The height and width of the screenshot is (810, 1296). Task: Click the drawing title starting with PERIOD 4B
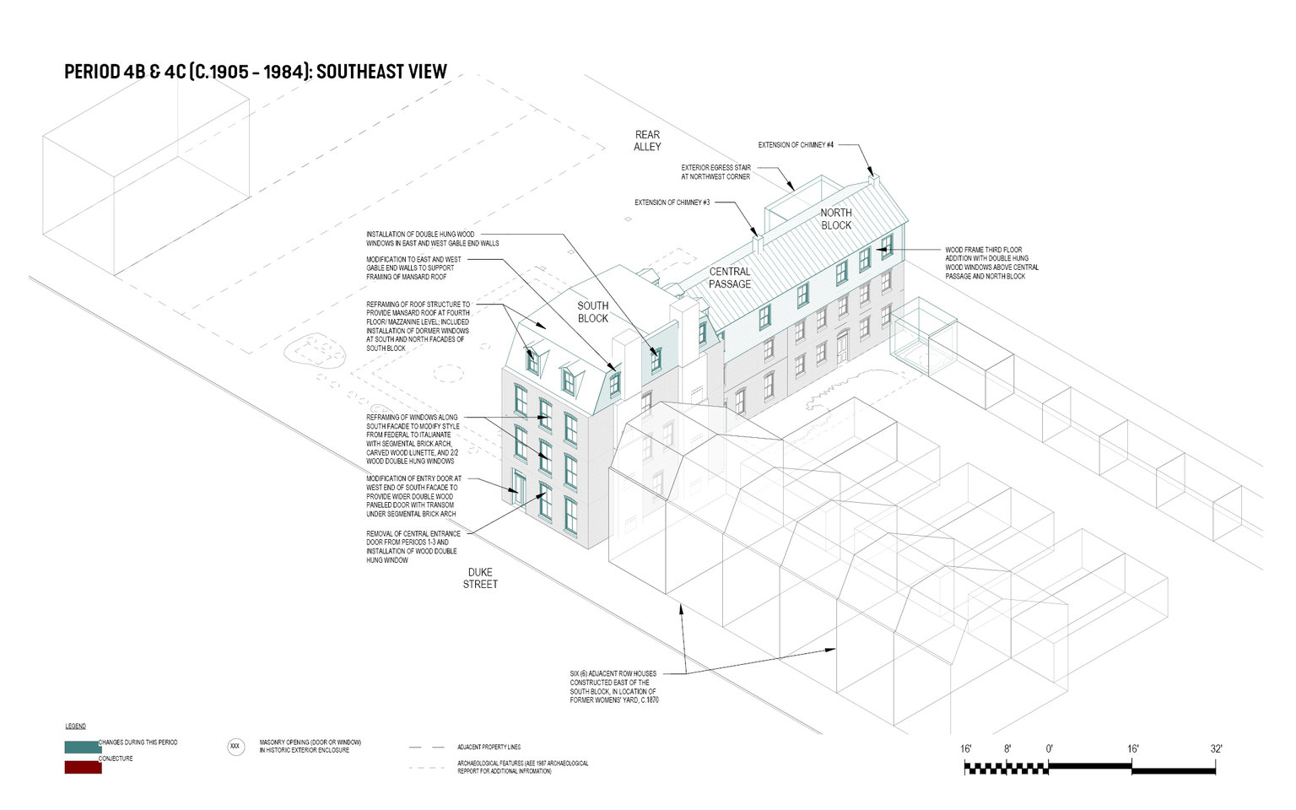click(x=256, y=72)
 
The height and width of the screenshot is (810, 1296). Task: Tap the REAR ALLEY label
click(x=647, y=141)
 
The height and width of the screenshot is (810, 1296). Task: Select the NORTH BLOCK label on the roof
click(x=836, y=219)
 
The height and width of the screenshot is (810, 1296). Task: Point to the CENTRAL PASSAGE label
click(x=730, y=278)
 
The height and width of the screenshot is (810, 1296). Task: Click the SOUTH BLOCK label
click(x=593, y=312)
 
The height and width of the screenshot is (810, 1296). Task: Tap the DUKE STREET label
click(x=480, y=578)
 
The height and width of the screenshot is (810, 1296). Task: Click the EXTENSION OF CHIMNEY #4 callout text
click(x=796, y=145)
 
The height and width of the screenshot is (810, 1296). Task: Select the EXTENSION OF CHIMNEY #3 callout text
click(x=672, y=202)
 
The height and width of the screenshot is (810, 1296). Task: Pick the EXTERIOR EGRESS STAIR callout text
click(x=715, y=172)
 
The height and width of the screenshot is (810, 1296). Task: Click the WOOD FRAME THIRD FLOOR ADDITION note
click(x=991, y=263)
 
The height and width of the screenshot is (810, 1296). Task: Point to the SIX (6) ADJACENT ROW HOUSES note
click(x=613, y=687)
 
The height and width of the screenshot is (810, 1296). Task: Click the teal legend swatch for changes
click(x=83, y=747)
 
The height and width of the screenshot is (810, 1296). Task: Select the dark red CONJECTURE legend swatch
click(x=83, y=768)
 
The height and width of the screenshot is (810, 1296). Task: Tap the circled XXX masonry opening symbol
click(x=235, y=747)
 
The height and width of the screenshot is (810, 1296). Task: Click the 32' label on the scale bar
click(x=1216, y=749)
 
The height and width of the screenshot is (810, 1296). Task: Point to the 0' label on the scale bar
click(x=1049, y=749)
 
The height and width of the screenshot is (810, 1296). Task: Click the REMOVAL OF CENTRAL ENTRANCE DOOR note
click(x=413, y=547)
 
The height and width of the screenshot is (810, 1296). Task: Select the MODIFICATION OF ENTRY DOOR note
click(x=413, y=496)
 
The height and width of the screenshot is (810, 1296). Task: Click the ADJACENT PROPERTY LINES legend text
click(x=489, y=748)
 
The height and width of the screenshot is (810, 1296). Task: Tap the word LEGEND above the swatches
click(x=76, y=726)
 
